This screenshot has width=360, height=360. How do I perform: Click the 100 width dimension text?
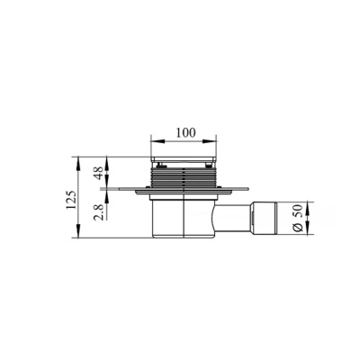click(185, 132)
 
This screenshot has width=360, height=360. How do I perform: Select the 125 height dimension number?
click(72, 200)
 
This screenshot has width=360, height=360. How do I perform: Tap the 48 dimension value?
click(99, 173)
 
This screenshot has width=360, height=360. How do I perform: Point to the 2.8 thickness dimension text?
click(99, 212)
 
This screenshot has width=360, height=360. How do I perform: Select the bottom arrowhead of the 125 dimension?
click(78, 231)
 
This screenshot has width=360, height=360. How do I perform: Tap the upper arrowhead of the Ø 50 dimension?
click(307, 209)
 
